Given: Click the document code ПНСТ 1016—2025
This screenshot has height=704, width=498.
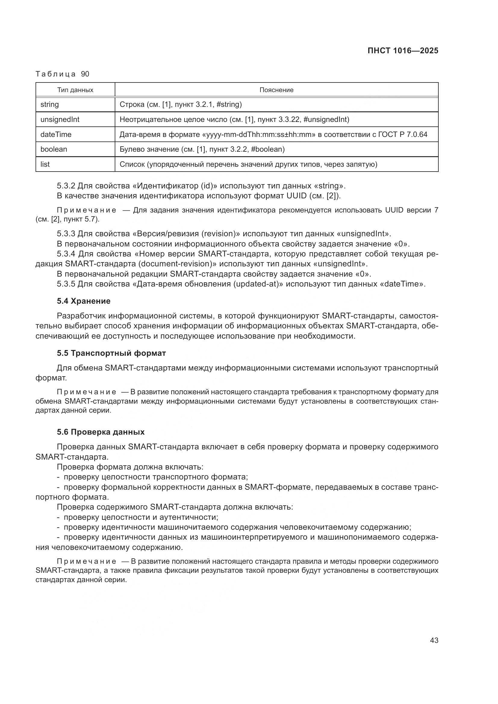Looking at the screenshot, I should click(x=403, y=51).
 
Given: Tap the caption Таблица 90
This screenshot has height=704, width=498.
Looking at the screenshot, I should click(x=62, y=74).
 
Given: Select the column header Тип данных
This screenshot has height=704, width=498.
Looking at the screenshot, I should click(x=75, y=90).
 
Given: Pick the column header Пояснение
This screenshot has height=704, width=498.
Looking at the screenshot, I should click(x=276, y=90).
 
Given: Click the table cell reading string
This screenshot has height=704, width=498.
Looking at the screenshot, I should click(x=50, y=104).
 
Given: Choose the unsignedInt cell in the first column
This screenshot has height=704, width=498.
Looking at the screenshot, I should click(x=60, y=119).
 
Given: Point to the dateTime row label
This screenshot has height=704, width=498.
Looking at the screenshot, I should click(x=56, y=134).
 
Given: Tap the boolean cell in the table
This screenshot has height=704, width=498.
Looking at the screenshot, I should click(x=54, y=149).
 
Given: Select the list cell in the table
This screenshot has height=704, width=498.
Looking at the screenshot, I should click(x=45, y=164).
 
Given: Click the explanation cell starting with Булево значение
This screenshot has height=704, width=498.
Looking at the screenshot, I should click(x=202, y=149).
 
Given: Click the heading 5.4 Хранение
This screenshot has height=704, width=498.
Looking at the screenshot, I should click(x=83, y=301).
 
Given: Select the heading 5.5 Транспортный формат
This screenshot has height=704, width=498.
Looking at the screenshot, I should click(x=111, y=353).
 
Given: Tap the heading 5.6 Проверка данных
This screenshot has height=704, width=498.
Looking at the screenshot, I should click(x=101, y=432).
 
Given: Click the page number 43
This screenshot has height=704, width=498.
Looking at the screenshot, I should click(x=434, y=640).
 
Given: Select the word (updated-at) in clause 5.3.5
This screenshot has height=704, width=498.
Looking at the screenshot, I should click(x=259, y=284).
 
